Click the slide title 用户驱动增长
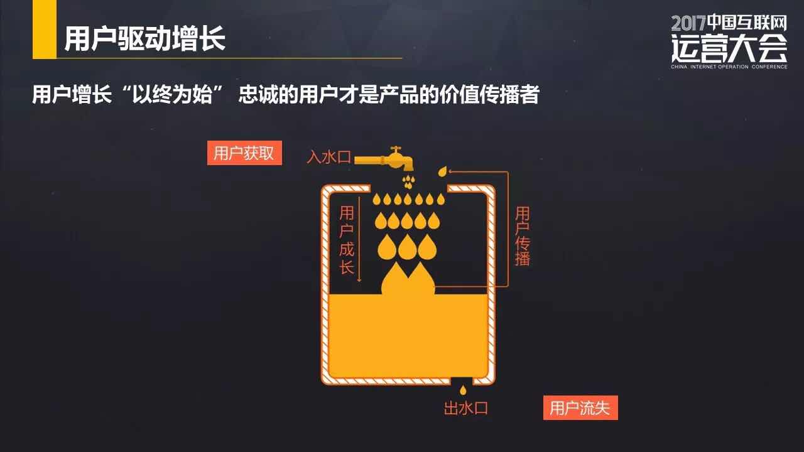click(x=144, y=40)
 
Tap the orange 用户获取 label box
click(x=244, y=153)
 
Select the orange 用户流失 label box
click(x=580, y=408)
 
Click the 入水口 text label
click(x=329, y=157)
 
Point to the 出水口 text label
click(x=465, y=409)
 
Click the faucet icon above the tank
click(x=393, y=158)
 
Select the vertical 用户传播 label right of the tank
click(x=522, y=236)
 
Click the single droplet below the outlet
click(x=464, y=390)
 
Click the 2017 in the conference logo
click(x=688, y=24)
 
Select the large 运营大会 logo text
click(x=729, y=47)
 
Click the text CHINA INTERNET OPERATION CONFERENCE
click(x=729, y=66)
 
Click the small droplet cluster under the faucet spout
click(x=409, y=181)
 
